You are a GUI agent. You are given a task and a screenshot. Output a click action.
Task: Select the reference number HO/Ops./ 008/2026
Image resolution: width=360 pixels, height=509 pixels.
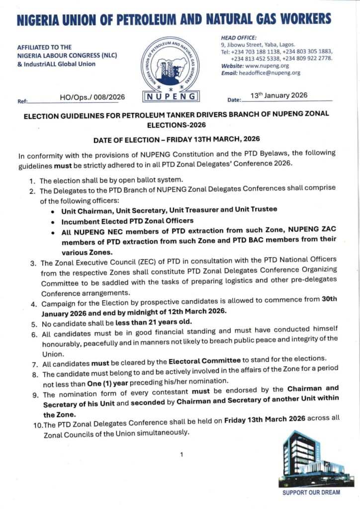[92, 97]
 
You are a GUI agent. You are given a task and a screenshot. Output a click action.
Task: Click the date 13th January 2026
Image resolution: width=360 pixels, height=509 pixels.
[279, 95]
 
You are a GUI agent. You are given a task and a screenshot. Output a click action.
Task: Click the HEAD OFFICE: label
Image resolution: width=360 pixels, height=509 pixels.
[239, 37]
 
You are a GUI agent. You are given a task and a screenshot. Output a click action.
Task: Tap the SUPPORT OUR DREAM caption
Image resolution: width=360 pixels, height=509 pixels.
[311, 492]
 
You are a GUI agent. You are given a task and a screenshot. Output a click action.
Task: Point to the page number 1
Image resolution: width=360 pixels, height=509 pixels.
[181, 454]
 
